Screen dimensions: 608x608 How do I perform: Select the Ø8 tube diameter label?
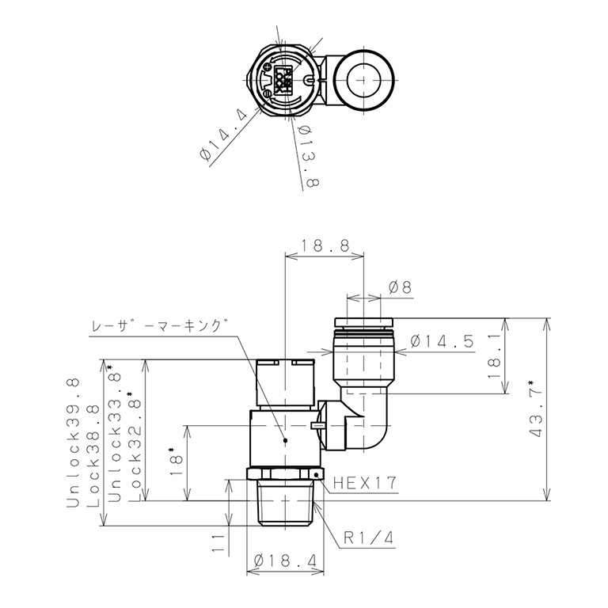click(x=401, y=288)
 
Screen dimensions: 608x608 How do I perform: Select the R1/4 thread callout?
click(x=368, y=539)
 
